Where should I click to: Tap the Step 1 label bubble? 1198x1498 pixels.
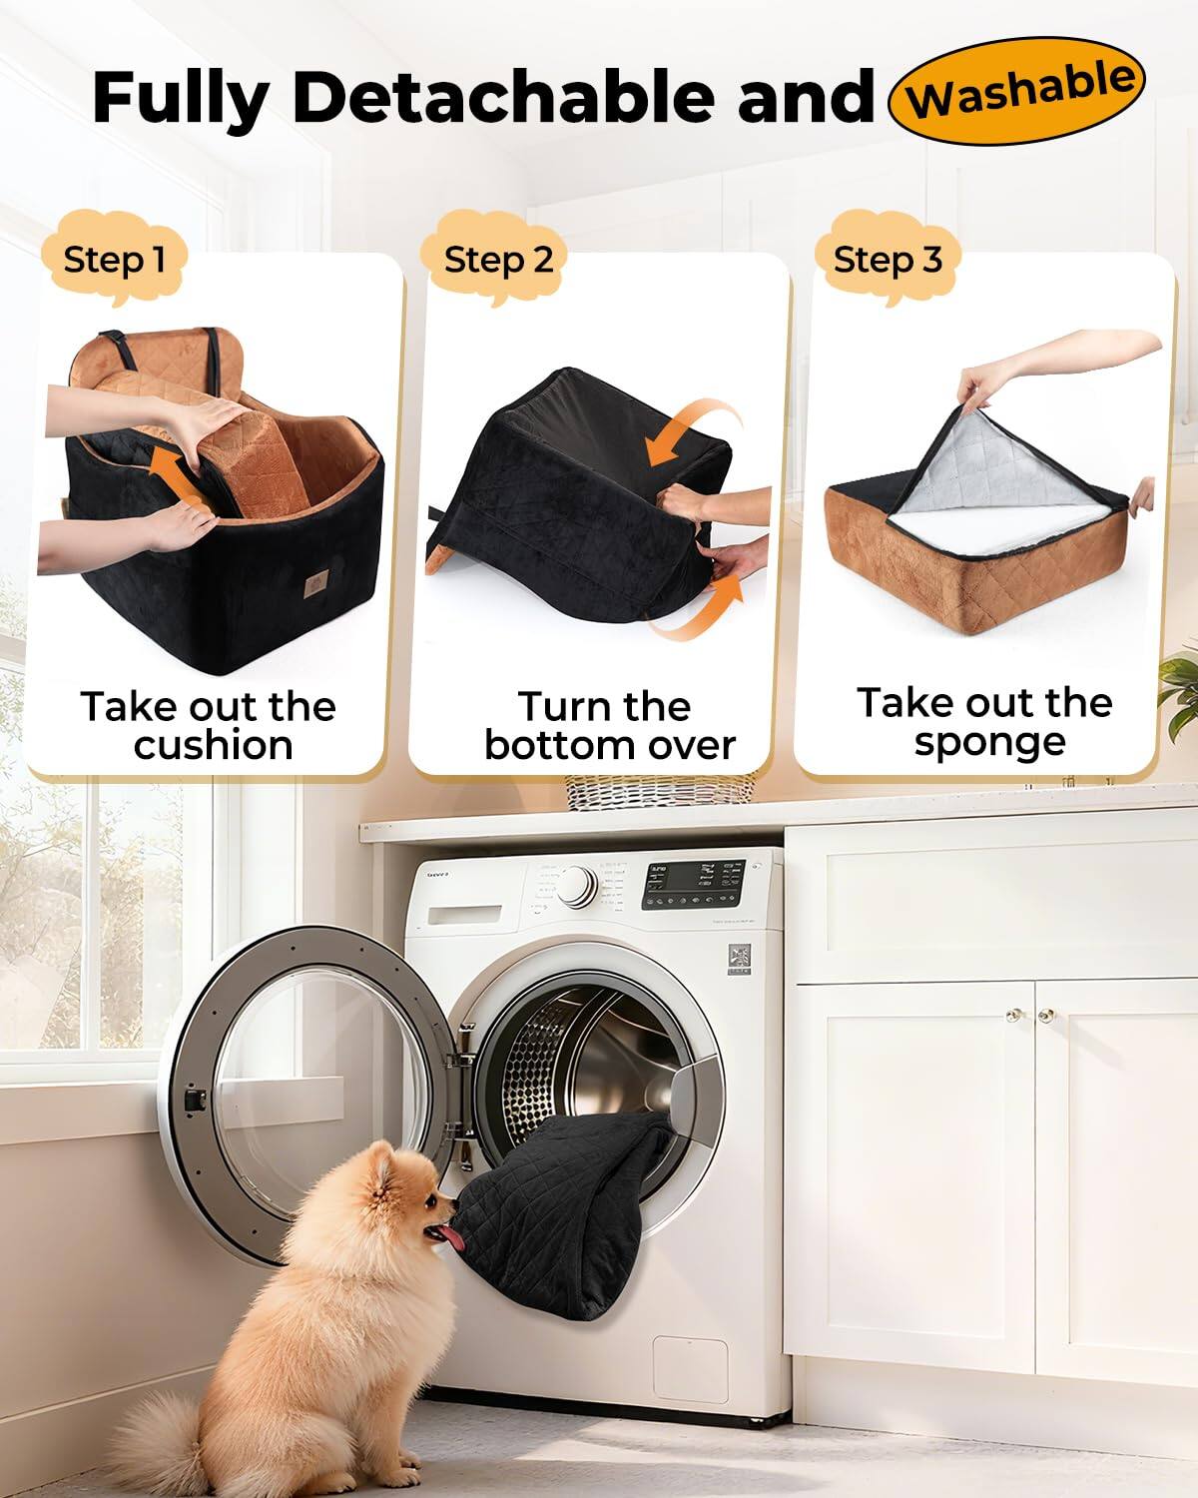pyautogui.click(x=113, y=260)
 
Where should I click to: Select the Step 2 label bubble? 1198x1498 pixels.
pyautogui.click(x=497, y=260)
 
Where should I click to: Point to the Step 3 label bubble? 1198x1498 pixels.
pyautogui.click(x=887, y=260)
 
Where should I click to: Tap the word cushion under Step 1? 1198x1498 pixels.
pyautogui.click(x=213, y=746)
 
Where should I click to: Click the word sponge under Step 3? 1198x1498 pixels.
pyautogui.click(x=988, y=742)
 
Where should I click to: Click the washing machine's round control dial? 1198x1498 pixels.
pyautogui.click(x=577, y=885)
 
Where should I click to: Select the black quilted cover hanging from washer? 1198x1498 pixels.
pyautogui.click(x=569, y=1198)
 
